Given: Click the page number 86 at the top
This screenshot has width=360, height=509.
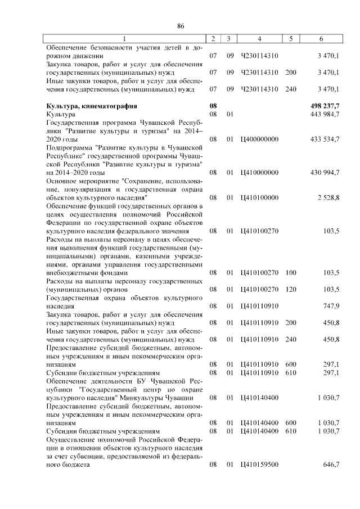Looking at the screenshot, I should [x=181, y=26].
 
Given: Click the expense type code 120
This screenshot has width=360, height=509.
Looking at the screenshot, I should [x=291, y=289].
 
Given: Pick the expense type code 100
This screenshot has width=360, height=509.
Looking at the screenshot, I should [x=291, y=273].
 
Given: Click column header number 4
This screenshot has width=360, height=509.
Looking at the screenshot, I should [x=259, y=38].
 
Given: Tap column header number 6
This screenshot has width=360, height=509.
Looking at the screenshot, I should [x=321, y=38].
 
